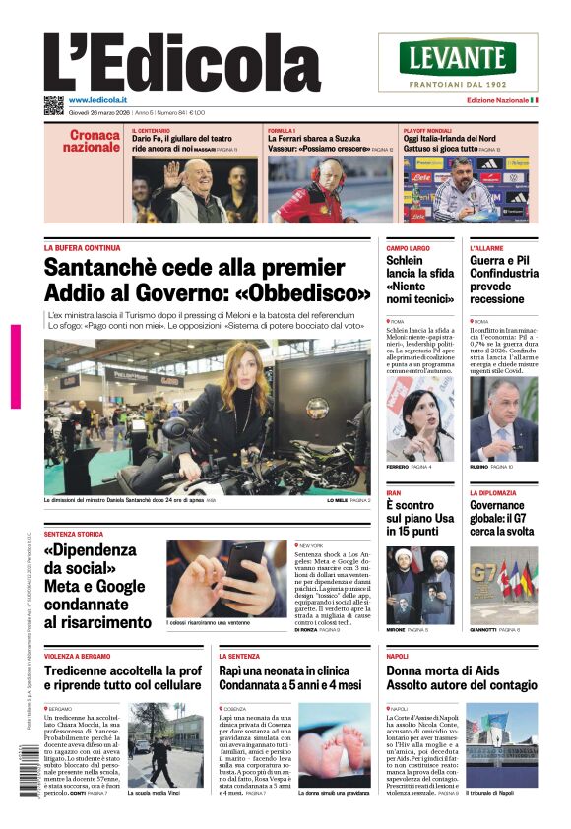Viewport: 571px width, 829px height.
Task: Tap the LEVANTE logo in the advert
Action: pyautogui.click(x=458, y=56)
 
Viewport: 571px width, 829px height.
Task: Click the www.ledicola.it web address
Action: pyautogui.click(x=102, y=100)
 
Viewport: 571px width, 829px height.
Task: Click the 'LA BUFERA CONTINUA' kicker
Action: pyautogui.click(x=83, y=248)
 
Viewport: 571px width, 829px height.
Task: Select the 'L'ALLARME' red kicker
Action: pyautogui.click(x=487, y=248)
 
